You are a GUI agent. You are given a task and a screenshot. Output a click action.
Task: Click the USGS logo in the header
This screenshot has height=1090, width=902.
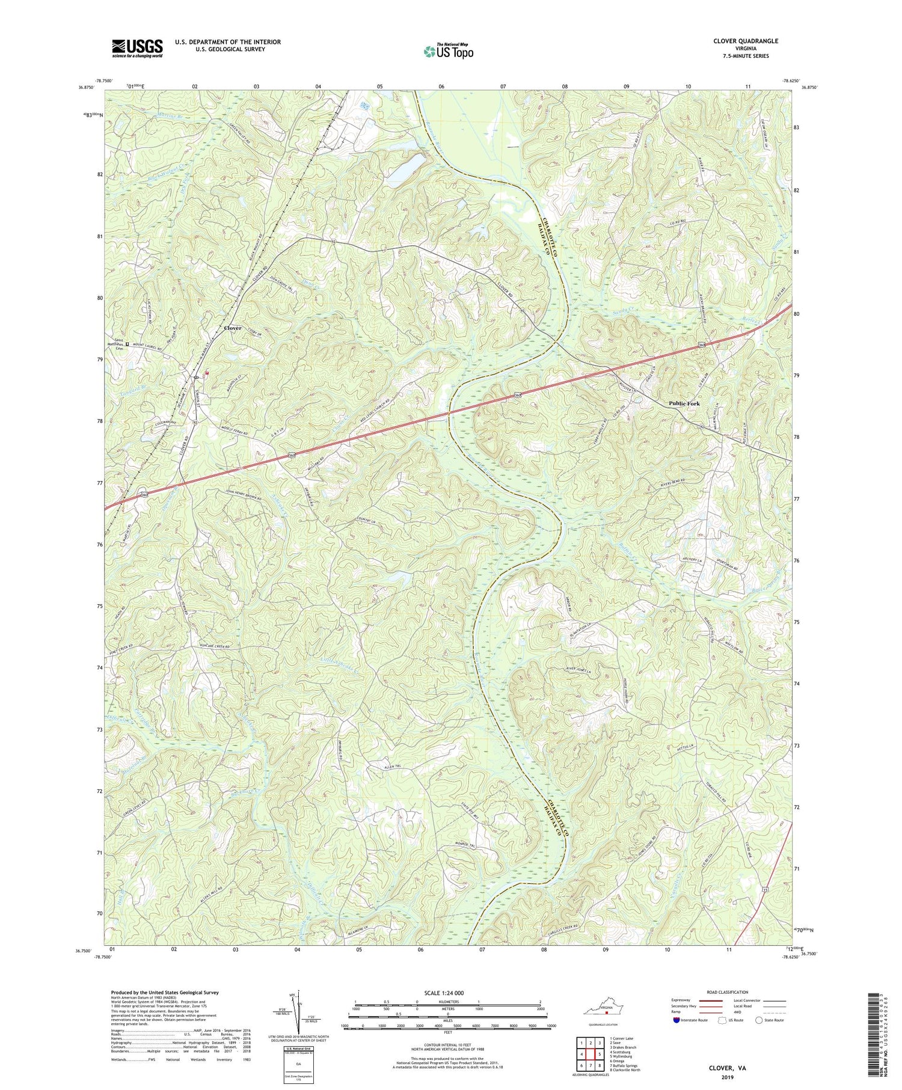pyautogui.click(x=137, y=48)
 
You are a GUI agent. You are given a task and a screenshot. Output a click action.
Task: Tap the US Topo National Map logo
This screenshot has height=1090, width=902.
pyautogui.click(x=448, y=51)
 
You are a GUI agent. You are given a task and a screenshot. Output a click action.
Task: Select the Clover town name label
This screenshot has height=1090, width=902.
pyautogui.click(x=232, y=328)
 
